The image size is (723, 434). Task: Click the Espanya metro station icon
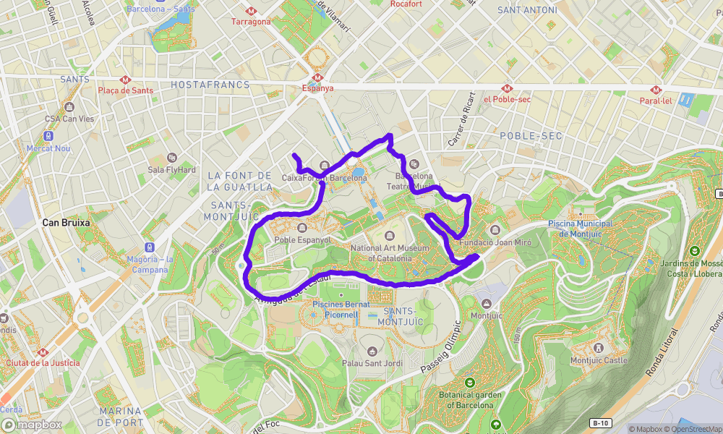click(x=317, y=77)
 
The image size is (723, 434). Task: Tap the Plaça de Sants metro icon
click(x=126, y=80)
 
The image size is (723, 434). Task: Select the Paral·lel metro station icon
click(x=656, y=90)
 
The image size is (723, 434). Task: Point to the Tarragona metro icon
click(x=251, y=11)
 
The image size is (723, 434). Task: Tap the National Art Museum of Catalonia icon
click(x=390, y=237)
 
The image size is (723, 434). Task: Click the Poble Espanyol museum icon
click(x=301, y=229)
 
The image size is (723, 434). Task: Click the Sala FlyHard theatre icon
click(x=172, y=158)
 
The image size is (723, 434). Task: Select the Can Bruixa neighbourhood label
click(x=66, y=223)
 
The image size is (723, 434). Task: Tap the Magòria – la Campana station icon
click(x=149, y=247)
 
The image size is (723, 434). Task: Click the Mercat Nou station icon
click(x=48, y=136)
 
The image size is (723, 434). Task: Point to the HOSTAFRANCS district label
click(x=210, y=85)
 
